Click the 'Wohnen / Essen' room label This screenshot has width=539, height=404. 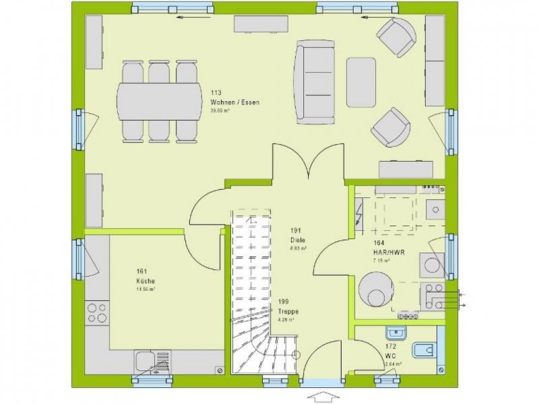(x=235, y=102)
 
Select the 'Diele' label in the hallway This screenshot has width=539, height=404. (x=298, y=238)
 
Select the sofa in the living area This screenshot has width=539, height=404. (x=315, y=81)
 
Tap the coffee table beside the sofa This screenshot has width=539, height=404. (x=361, y=82)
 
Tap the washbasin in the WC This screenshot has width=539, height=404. (x=395, y=332)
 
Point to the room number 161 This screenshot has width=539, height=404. (x=141, y=272)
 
